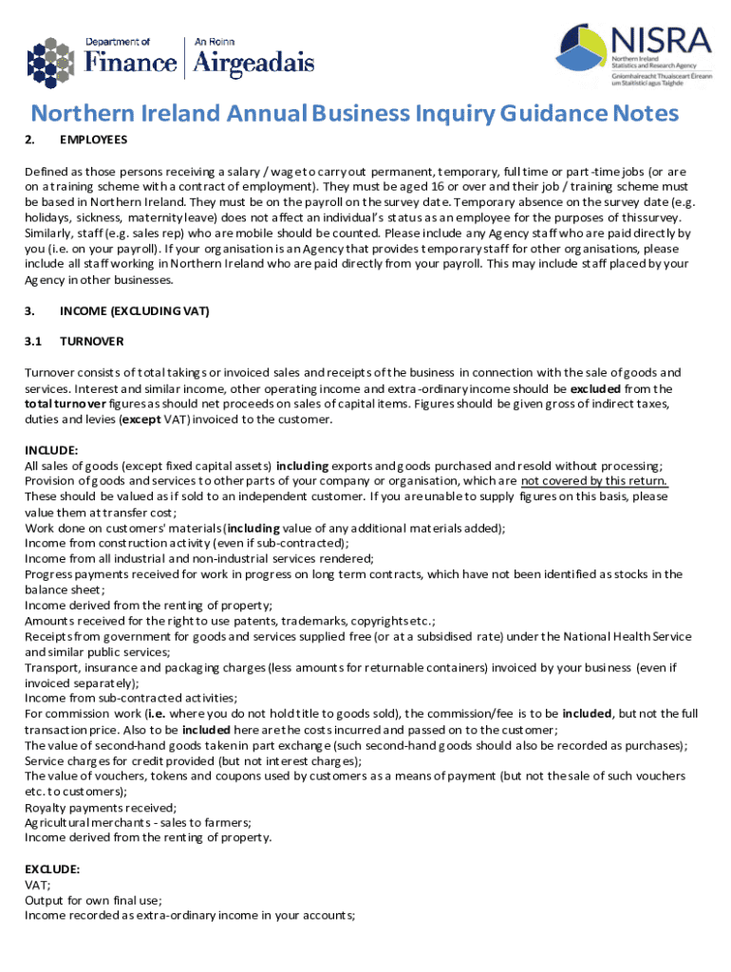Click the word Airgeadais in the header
click(253, 63)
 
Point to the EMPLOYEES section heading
click(93, 140)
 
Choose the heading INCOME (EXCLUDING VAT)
click(134, 310)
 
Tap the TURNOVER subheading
click(91, 341)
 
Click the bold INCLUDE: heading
click(52, 450)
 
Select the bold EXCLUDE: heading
click(52, 869)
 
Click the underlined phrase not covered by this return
click(594, 480)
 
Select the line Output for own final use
click(93, 900)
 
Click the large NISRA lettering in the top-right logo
click(661, 41)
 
